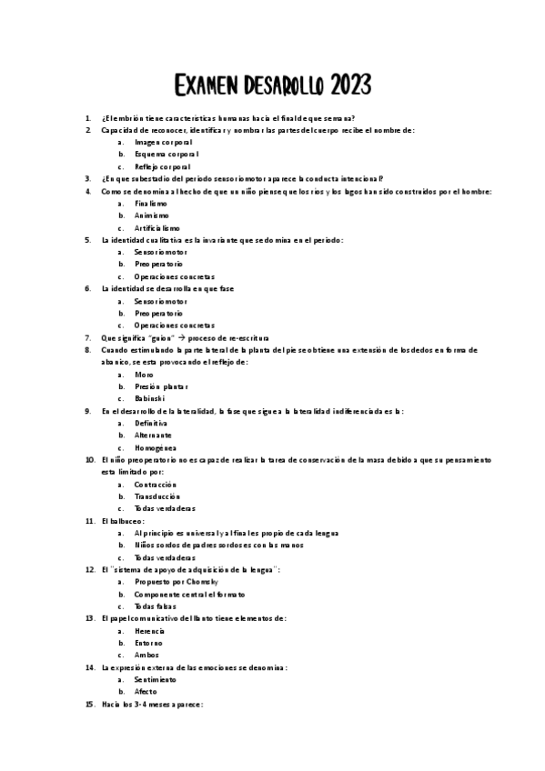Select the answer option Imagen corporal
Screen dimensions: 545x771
point(163,143)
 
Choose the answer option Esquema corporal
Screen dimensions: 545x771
point(167,155)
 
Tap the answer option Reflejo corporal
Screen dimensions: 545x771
point(163,167)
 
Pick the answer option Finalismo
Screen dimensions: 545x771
point(151,204)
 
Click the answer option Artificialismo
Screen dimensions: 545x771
point(156,227)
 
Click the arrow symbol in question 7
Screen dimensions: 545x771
point(181,337)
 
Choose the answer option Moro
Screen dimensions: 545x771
point(144,374)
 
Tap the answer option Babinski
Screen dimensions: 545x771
point(149,398)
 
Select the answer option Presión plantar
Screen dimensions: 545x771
point(161,386)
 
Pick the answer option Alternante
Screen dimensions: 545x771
point(153,435)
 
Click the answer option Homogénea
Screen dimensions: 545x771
point(155,447)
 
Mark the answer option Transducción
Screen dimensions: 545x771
point(157,496)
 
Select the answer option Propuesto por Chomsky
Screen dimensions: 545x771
point(172,581)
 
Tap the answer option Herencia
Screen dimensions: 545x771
point(149,630)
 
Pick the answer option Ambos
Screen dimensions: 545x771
point(146,655)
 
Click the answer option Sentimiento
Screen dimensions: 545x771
point(155,679)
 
